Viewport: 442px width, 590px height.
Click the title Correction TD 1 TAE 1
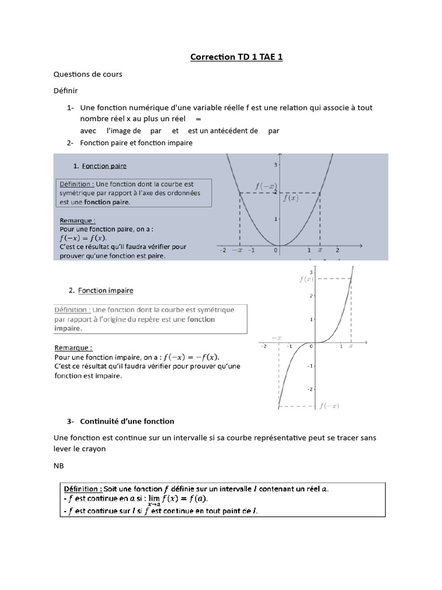pos(237,57)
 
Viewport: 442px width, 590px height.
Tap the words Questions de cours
pos(87,74)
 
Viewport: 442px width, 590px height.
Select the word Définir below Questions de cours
pos(66,91)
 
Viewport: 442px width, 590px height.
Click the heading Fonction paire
pos(104,166)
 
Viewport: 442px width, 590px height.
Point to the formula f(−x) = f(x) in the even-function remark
pos(83,237)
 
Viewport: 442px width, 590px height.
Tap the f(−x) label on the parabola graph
pos(265,186)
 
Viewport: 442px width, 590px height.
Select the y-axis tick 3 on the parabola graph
pos(276,165)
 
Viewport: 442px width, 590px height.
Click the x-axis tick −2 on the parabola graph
pos(222,250)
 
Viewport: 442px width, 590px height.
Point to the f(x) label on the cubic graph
pos(306,279)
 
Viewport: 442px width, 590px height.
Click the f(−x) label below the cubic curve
pos(329,406)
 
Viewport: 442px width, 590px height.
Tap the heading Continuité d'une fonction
pos(127,421)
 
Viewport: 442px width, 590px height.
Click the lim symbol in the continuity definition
pos(153,498)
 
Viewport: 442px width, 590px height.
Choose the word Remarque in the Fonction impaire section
pos(73,348)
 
